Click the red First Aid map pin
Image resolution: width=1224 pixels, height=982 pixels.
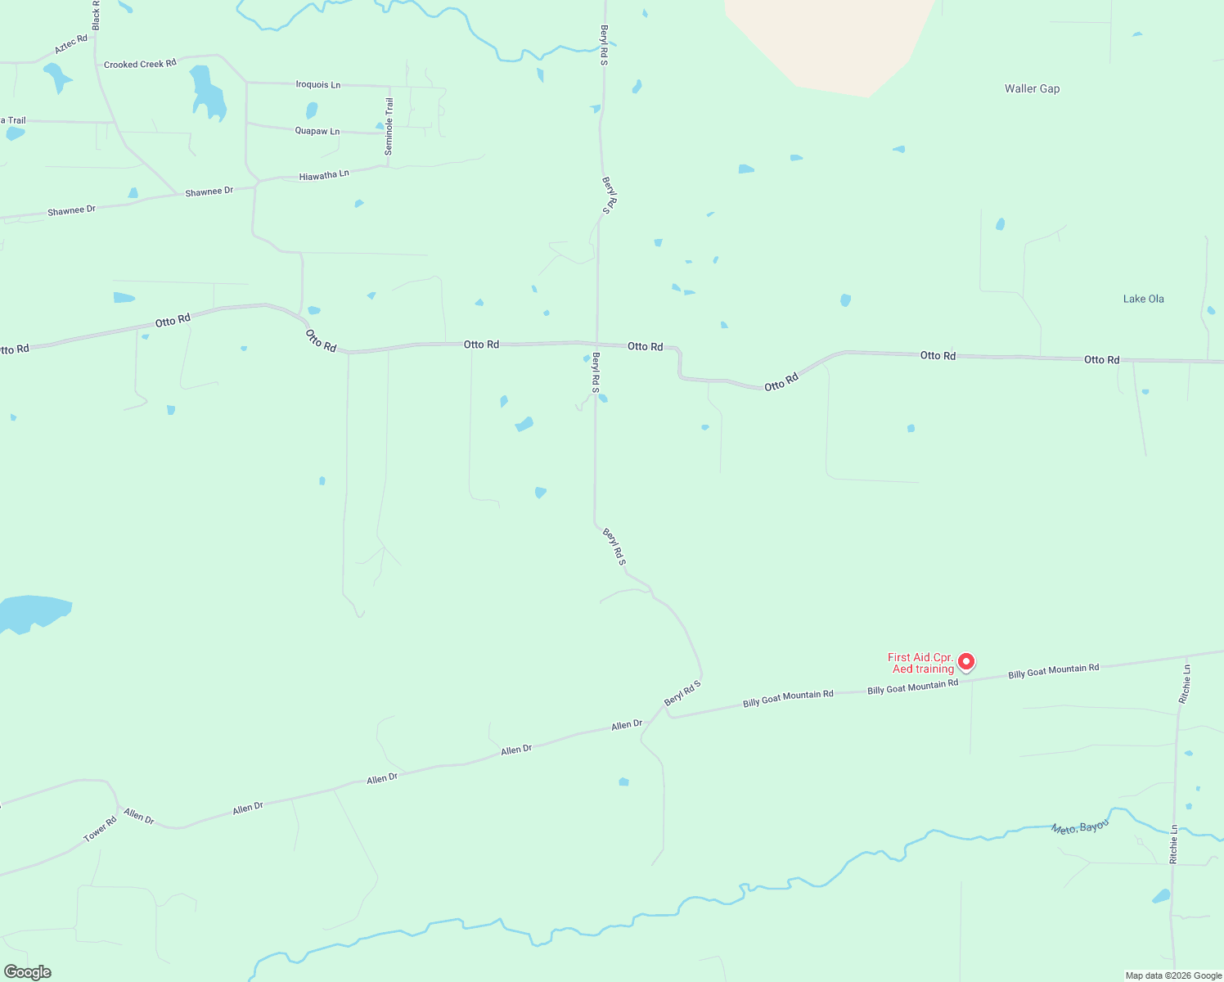[x=966, y=661]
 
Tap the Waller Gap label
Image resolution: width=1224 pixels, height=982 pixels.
[x=1032, y=88]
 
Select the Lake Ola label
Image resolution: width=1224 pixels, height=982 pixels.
[x=1143, y=299]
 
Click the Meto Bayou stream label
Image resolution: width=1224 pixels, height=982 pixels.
[x=1080, y=827]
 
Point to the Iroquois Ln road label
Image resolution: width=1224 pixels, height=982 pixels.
[x=318, y=84]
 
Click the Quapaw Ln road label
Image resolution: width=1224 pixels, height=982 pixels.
[x=317, y=131]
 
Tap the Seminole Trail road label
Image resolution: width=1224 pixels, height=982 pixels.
[x=389, y=126]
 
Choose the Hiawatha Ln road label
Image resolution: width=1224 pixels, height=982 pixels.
[x=324, y=175]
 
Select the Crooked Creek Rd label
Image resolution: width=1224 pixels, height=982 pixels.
[x=140, y=64]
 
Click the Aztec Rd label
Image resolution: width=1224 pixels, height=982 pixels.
[x=70, y=44]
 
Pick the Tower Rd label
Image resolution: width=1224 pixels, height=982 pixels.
[x=101, y=829]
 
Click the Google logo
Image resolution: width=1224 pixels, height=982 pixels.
[x=28, y=972]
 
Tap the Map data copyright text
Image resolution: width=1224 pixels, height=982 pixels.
[x=1173, y=975]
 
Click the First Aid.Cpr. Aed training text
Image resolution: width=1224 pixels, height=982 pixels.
[x=921, y=663]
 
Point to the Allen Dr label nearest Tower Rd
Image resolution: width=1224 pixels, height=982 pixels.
[x=139, y=816]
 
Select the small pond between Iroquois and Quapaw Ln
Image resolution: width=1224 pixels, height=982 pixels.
[x=311, y=110]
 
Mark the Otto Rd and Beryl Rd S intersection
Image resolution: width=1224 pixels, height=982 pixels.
[x=597, y=345]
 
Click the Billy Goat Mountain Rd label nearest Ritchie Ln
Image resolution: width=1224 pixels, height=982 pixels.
[x=1053, y=671]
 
